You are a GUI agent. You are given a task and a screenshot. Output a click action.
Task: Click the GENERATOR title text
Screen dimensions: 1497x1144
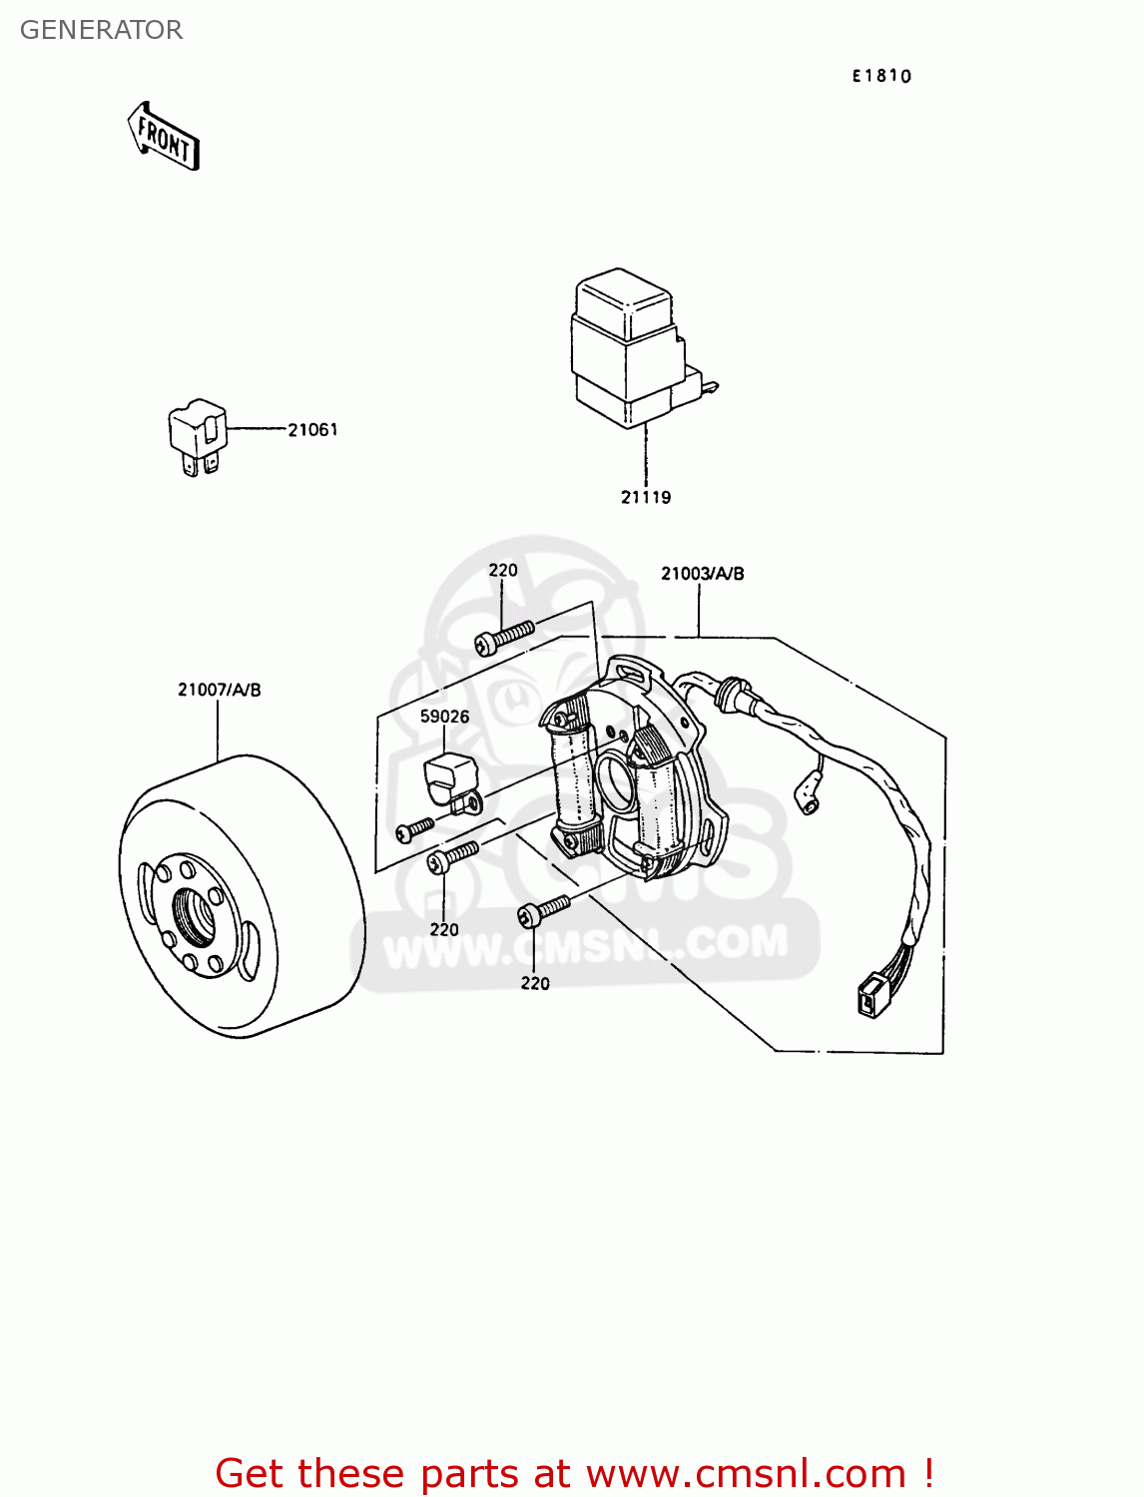tap(101, 30)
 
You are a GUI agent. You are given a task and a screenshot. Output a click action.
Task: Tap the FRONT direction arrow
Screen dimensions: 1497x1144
tap(164, 137)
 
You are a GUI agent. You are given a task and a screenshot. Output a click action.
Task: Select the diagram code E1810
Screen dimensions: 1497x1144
tap(881, 76)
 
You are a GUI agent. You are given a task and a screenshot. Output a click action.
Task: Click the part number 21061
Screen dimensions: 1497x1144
tap(312, 430)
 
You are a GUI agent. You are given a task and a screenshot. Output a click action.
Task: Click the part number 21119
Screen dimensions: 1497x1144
tap(646, 497)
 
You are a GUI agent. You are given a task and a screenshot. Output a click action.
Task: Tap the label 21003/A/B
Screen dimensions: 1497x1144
tap(702, 574)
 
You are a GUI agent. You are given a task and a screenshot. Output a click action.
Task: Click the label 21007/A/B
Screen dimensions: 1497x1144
tap(220, 690)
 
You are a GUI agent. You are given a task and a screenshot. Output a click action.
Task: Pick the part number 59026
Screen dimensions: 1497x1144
tap(444, 717)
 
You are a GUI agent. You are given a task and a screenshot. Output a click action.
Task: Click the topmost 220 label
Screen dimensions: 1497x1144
tap(503, 570)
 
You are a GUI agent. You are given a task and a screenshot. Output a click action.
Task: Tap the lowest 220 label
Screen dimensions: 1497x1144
tap(535, 983)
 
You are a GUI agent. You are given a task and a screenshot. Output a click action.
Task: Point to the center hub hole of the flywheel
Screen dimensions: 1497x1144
tap(194, 915)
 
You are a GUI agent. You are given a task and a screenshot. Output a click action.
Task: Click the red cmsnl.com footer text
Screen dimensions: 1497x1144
tap(575, 1473)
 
